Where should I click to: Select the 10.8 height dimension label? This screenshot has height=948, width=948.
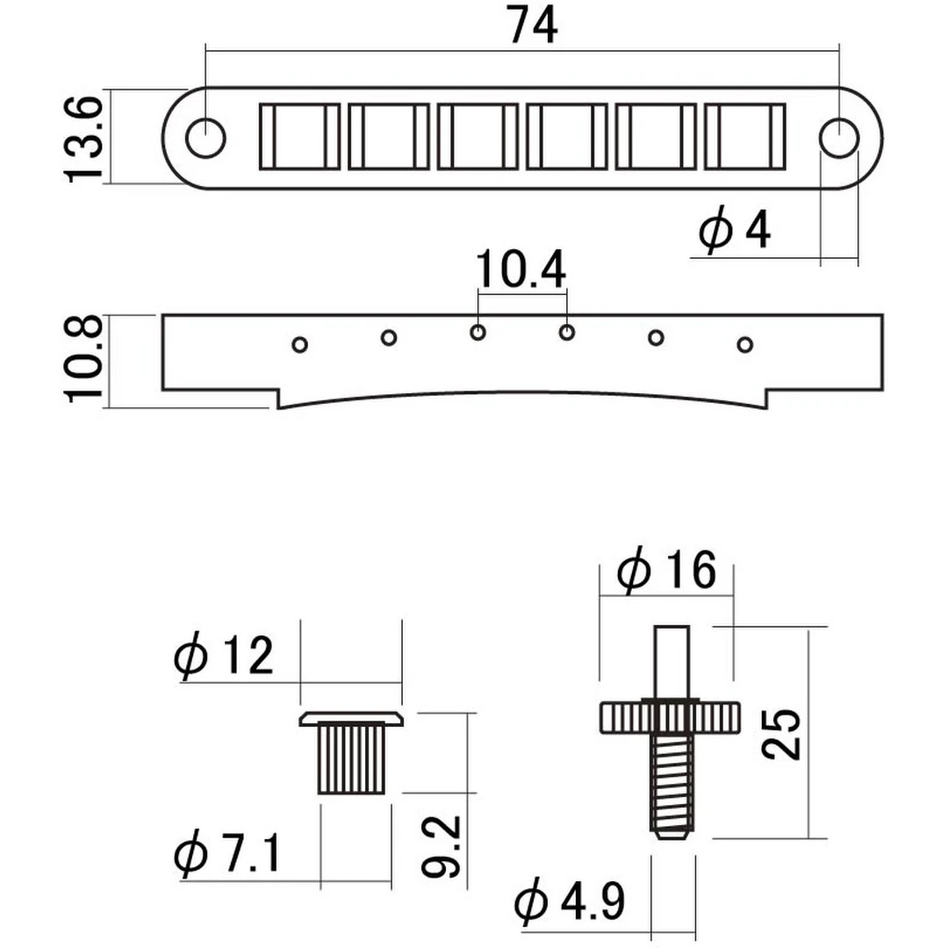85,359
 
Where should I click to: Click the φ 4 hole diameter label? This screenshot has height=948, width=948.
736,231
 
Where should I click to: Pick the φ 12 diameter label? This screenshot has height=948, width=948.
225,657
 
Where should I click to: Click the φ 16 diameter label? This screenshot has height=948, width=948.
667,572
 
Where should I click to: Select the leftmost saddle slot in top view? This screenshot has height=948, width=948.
298,136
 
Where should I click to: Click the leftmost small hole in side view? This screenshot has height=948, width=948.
299,344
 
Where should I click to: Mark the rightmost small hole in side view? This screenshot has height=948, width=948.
744,344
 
